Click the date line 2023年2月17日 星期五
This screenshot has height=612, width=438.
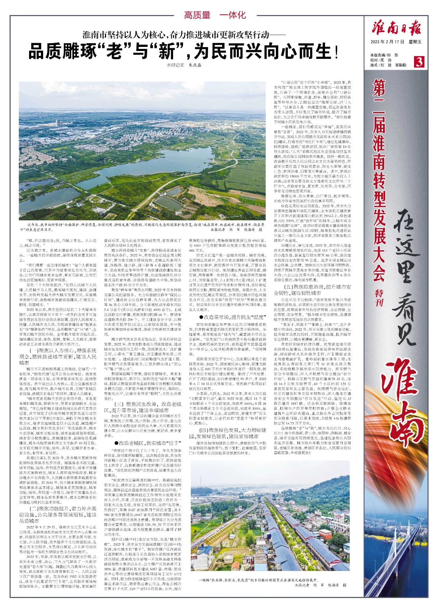(396, 42)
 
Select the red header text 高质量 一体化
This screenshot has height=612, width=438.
(215, 15)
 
